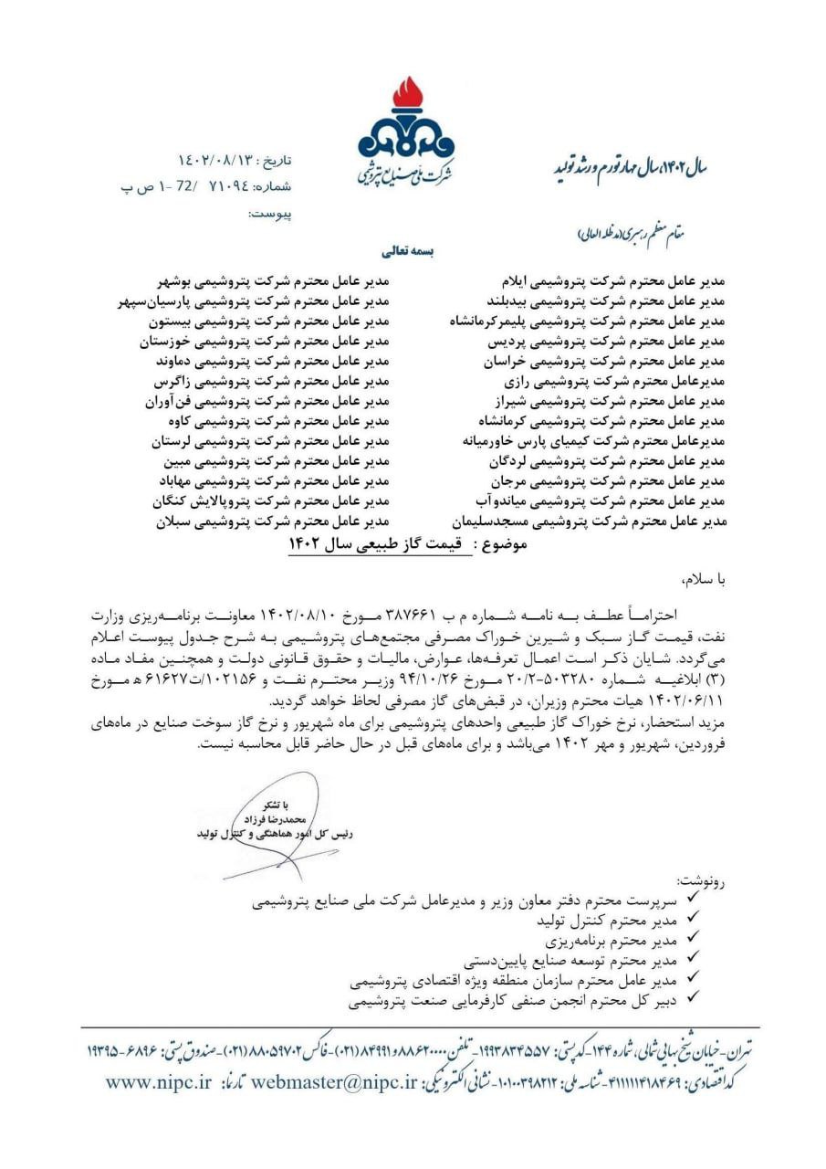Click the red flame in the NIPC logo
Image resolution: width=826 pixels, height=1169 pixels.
click(x=406, y=95)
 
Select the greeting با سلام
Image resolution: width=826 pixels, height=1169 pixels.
click(x=700, y=579)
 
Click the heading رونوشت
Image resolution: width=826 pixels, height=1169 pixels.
click(x=698, y=883)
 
